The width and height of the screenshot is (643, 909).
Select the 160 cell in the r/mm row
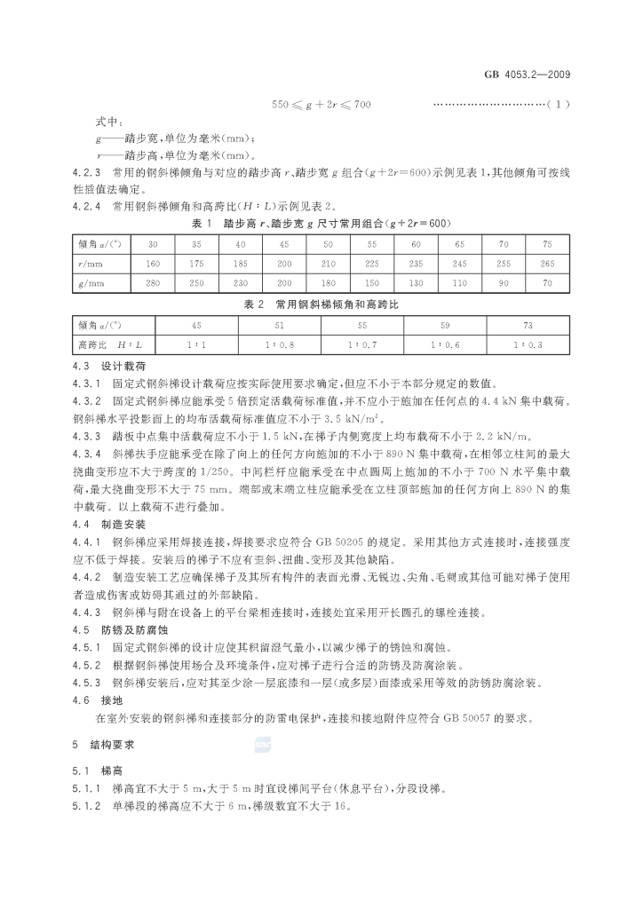154,264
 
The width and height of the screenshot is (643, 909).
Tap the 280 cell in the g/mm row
154,283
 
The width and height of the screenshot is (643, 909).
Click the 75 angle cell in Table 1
546,244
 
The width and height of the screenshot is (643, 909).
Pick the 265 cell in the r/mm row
546,264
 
